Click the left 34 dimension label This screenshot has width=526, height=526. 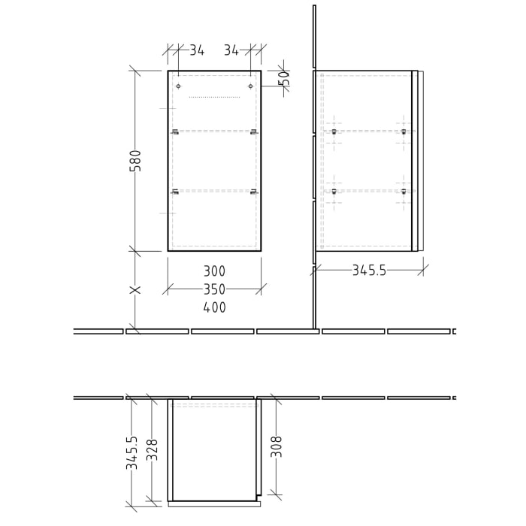tap(197, 50)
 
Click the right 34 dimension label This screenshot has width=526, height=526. tap(231, 50)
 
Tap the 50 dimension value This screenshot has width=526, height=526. tap(283, 79)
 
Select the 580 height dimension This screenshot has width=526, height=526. tap(136, 161)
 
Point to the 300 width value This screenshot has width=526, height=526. tap(214, 271)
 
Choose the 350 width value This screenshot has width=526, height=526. tap(214, 289)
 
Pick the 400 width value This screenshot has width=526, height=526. tap(214, 307)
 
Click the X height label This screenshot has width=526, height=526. tap(136, 290)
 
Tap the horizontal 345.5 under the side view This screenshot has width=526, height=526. tap(369, 271)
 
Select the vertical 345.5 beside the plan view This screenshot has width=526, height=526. tap(132, 453)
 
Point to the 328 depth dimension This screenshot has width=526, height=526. tap(153, 449)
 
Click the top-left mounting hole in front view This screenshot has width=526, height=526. tap(178, 86)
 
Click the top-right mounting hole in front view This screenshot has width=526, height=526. tap(250, 86)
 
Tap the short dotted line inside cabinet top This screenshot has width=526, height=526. tap(214, 97)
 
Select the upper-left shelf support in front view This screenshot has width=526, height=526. tap(174, 132)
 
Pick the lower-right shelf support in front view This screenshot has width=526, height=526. tap(254, 192)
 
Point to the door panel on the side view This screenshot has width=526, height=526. tap(415, 161)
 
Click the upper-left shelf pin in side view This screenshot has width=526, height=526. tap(334, 132)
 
